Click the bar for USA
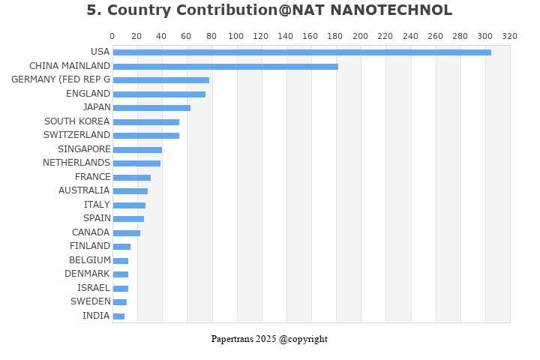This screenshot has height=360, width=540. pyautogui.click(x=301, y=52)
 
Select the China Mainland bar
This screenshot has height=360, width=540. pyautogui.click(x=225, y=67)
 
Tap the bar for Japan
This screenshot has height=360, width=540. pyautogui.click(x=151, y=108)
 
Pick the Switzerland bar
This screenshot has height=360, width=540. pyautogui.click(x=145, y=136)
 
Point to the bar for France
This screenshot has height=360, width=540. pyautogui.click(x=131, y=178)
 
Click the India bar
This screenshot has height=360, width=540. pyautogui.click(x=118, y=316)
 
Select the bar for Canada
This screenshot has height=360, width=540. pyautogui.click(x=126, y=233)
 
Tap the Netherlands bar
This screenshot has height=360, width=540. pyautogui.click(x=136, y=163)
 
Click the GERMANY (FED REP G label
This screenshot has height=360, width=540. pyautogui.click(x=61, y=79)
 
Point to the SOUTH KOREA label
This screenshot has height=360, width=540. pyautogui.click(x=76, y=121)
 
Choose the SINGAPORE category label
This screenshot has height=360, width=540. pyautogui.click(x=83, y=149)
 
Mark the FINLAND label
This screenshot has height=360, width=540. pyautogui.click(x=90, y=246)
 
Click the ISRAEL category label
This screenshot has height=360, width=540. pyautogui.click(x=93, y=288)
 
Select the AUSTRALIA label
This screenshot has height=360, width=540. pyautogui.click(x=84, y=190)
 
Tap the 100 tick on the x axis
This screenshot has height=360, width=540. pyautogui.click(x=236, y=36)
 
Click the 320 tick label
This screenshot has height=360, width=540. pyautogui.click(x=509, y=36)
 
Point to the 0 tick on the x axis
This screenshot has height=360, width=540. pyautogui.click(x=112, y=36)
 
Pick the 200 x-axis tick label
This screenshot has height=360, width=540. pyautogui.click(x=361, y=36)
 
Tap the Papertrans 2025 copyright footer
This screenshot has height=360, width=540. pyautogui.click(x=269, y=339)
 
